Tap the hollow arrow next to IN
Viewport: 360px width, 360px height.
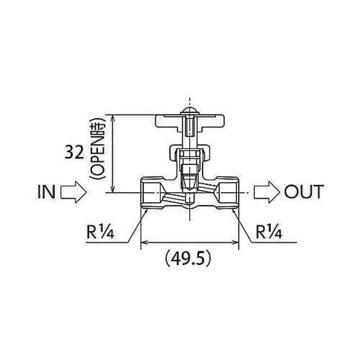pos(73,192)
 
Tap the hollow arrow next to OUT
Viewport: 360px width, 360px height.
pos(266,192)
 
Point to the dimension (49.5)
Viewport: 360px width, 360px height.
pos(189,256)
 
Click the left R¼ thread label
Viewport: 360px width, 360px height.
pos(102,232)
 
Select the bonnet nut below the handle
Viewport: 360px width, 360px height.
pos(190,153)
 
